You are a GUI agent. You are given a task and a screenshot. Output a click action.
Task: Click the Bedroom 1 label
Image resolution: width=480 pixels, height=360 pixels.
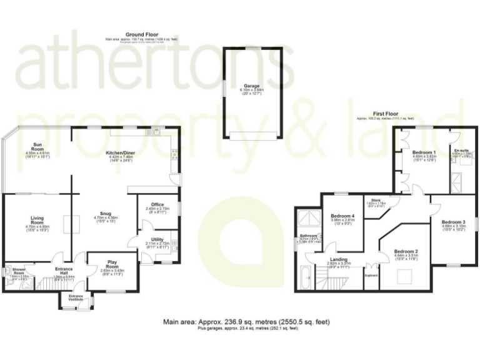(x=424, y=153)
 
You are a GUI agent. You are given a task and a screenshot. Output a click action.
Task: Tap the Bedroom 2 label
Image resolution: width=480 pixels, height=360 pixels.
(x=406, y=251)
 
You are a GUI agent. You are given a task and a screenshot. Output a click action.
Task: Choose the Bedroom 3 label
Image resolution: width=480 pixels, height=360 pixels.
(x=453, y=222)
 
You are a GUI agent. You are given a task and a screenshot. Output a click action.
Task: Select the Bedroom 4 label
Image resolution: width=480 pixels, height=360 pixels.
(x=342, y=216)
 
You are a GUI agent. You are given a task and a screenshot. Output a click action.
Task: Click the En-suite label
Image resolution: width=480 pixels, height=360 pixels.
(x=462, y=151)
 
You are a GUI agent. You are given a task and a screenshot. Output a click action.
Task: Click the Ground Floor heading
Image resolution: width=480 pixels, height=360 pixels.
(x=142, y=34)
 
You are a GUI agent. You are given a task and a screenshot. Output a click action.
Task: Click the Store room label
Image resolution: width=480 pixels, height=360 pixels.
(x=376, y=199)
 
